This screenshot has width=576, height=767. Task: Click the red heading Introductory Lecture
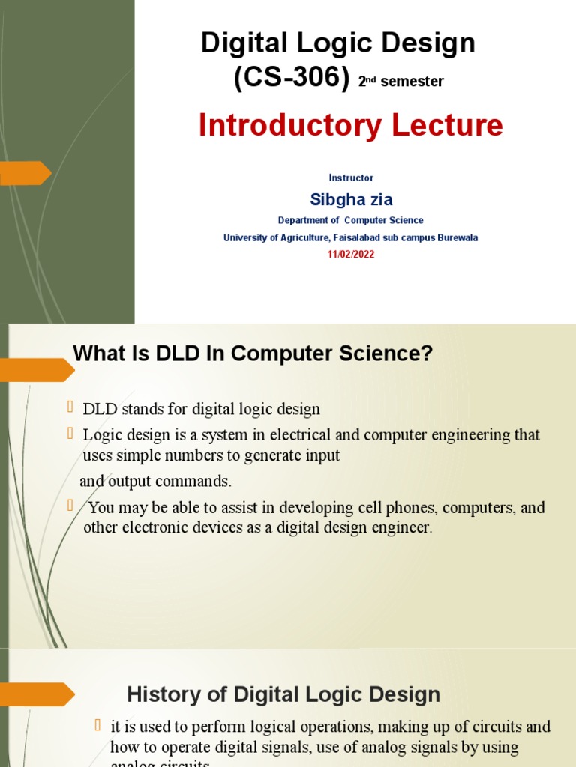pos(350,126)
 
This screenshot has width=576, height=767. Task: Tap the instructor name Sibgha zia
pos(351,200)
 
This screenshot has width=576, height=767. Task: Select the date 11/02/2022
pos(351,255)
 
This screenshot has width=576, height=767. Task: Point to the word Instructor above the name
pos(351,178)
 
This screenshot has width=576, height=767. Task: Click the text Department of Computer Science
pos(350,220)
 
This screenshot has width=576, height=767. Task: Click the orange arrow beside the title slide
pos(25,173)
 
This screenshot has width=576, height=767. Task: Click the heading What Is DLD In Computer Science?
pos(253,354)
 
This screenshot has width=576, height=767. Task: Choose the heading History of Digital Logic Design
pos(283,694)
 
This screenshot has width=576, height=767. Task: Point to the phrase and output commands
pos(156,481)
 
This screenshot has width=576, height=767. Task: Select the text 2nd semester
pos(400,82)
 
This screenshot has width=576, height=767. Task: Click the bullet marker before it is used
pos(97,724)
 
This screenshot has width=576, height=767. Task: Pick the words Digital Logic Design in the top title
pos(338,43)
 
